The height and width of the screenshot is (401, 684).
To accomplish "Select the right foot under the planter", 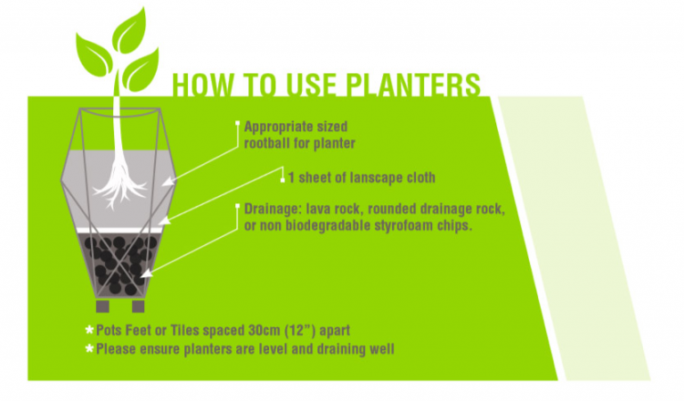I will click(x=139, y=307).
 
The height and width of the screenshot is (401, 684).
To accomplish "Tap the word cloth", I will click(x=419, y=176).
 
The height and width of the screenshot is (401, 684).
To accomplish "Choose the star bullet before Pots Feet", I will click(x=88, y=330).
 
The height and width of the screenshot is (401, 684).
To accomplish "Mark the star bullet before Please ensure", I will click(x=88, y=348).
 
